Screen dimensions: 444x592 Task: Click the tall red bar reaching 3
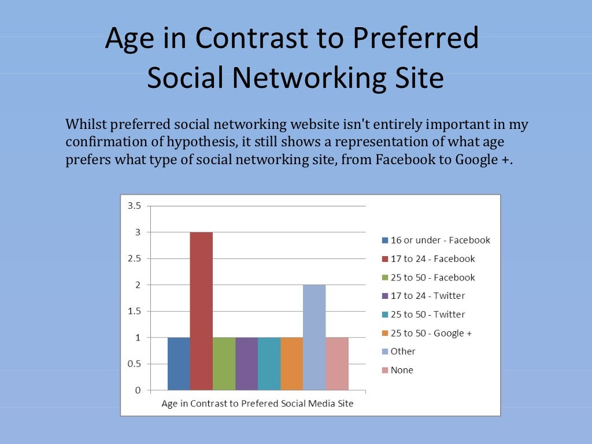tap(201, 311)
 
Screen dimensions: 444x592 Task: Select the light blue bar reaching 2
tap(314, 337)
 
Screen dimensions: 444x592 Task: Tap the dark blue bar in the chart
tap(179, 364)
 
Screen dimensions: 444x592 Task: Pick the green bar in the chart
tap(224, 364)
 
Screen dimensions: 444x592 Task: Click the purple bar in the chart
tap(246, 364)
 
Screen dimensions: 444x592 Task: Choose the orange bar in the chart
tap(292, 364)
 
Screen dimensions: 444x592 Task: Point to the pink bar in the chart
tap(337, 364)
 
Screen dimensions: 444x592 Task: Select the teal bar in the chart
tap(269, 364)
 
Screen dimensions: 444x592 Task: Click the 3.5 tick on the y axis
tap(134, 206)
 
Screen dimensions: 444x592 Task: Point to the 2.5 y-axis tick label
tap(134, 258)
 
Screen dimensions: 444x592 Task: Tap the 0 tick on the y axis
tap(137, 390)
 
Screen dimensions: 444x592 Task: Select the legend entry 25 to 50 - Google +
tap(431, 333)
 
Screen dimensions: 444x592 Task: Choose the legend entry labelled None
tap(402, 370)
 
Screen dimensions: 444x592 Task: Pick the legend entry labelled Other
tap(403, 351)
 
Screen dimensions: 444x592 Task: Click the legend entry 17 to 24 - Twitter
tap(427, 295)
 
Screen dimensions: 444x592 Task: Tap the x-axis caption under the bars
tap(257, 404)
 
